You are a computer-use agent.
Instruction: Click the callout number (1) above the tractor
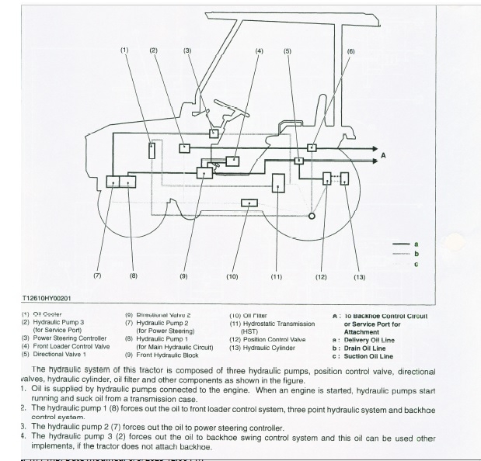coord(124,50)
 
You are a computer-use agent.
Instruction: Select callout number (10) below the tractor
coord(232,276)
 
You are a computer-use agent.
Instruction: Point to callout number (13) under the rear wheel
coord(359,276)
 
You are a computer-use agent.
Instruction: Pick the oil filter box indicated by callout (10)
coord(249,203)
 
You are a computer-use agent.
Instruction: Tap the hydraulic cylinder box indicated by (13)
coord(344,179)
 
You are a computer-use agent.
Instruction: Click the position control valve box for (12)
coord(327,179)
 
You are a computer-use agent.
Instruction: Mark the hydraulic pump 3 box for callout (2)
coord(185,147)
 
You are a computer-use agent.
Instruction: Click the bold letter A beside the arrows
coord(382,156)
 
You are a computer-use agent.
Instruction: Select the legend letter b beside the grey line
coord(416,253)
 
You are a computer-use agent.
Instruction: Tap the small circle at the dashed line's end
coord(311,215)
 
